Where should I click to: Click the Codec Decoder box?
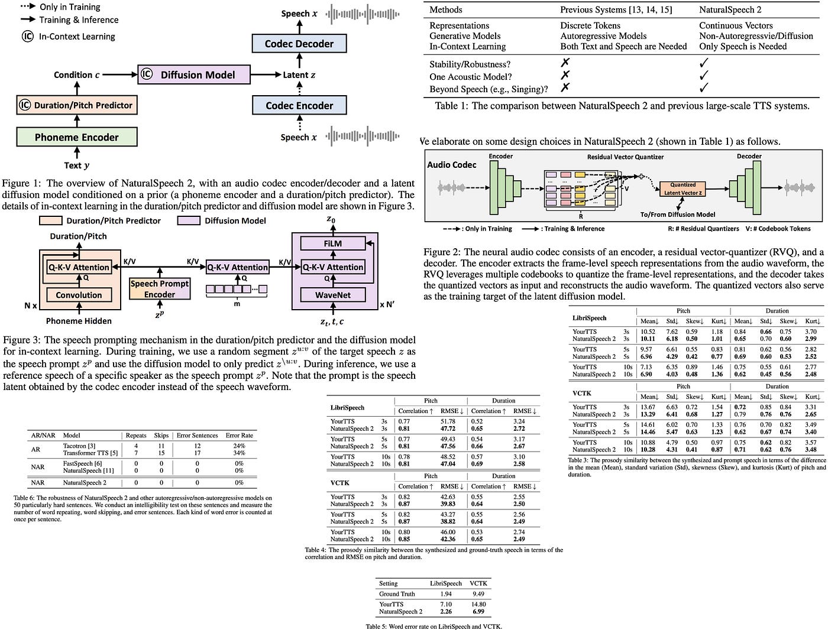pyautogui.click(x=299, y=44)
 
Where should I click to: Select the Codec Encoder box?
pyautogui.click(x=299, y=105)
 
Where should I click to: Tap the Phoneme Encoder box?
pyautogui.click(x=77, y=137)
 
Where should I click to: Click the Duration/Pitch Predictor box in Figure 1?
pyautogui.click(x=77, y=105)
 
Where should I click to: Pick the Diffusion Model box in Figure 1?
pyautogui.click(x=193, y=74)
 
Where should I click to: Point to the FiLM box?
pyautogui.click(x=332, y=243)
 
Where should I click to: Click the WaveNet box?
pyautogui.click(x=332, y=295)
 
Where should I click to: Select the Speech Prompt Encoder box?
pyautogui.click(x=160, y=289)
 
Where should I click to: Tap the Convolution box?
pyautogui.click(x=79, y=295)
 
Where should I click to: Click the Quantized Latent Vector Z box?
pyautogui.click(x=683, y=189)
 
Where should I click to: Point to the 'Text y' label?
pyautogui.click(x=77, y=165)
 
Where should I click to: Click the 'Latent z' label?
pyautogui.click(x=299, y=75)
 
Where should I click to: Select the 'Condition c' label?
pyautogui.click(x=77, y=75)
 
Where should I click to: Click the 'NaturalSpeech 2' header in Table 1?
pyautogui.click(x=730, y=10)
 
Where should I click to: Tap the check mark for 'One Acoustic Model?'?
pyautogui.click(x=703, y=76)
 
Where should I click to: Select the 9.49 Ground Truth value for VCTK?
pyautogui.click(x=478, y=594)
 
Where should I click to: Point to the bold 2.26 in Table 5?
pyautogui.click(x=445, y=612)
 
